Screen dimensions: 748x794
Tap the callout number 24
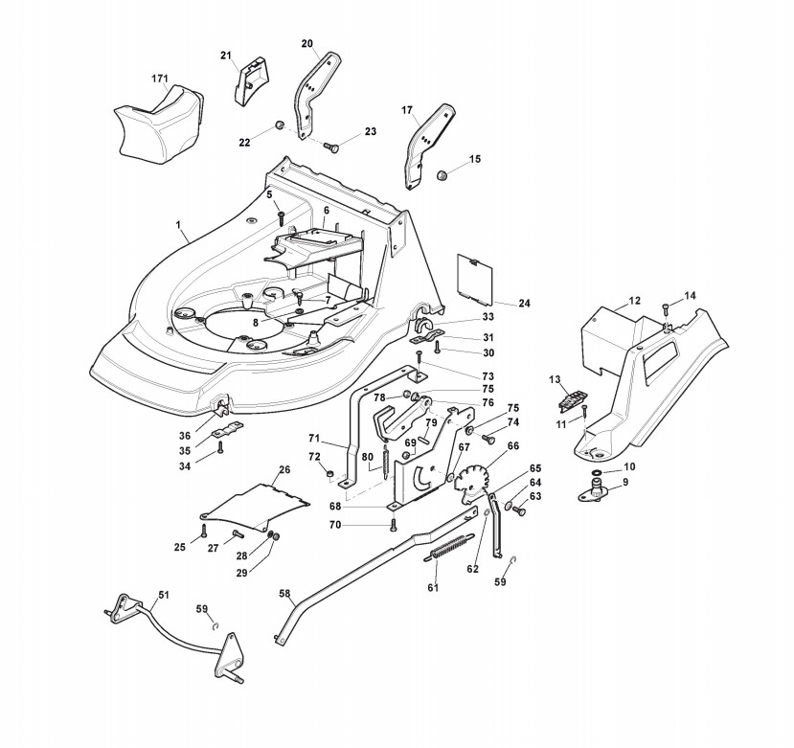(524, 303)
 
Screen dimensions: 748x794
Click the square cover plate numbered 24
(475, 278)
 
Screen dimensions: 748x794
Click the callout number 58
(284, 594)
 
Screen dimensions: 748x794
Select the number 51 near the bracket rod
(163, 595)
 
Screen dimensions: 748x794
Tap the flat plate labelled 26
(256, 502)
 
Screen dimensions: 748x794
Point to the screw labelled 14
(665, 306)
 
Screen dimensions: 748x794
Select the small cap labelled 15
(443, 175)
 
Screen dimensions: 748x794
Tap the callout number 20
(306, 43)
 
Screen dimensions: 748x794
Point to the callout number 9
(626, 482)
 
